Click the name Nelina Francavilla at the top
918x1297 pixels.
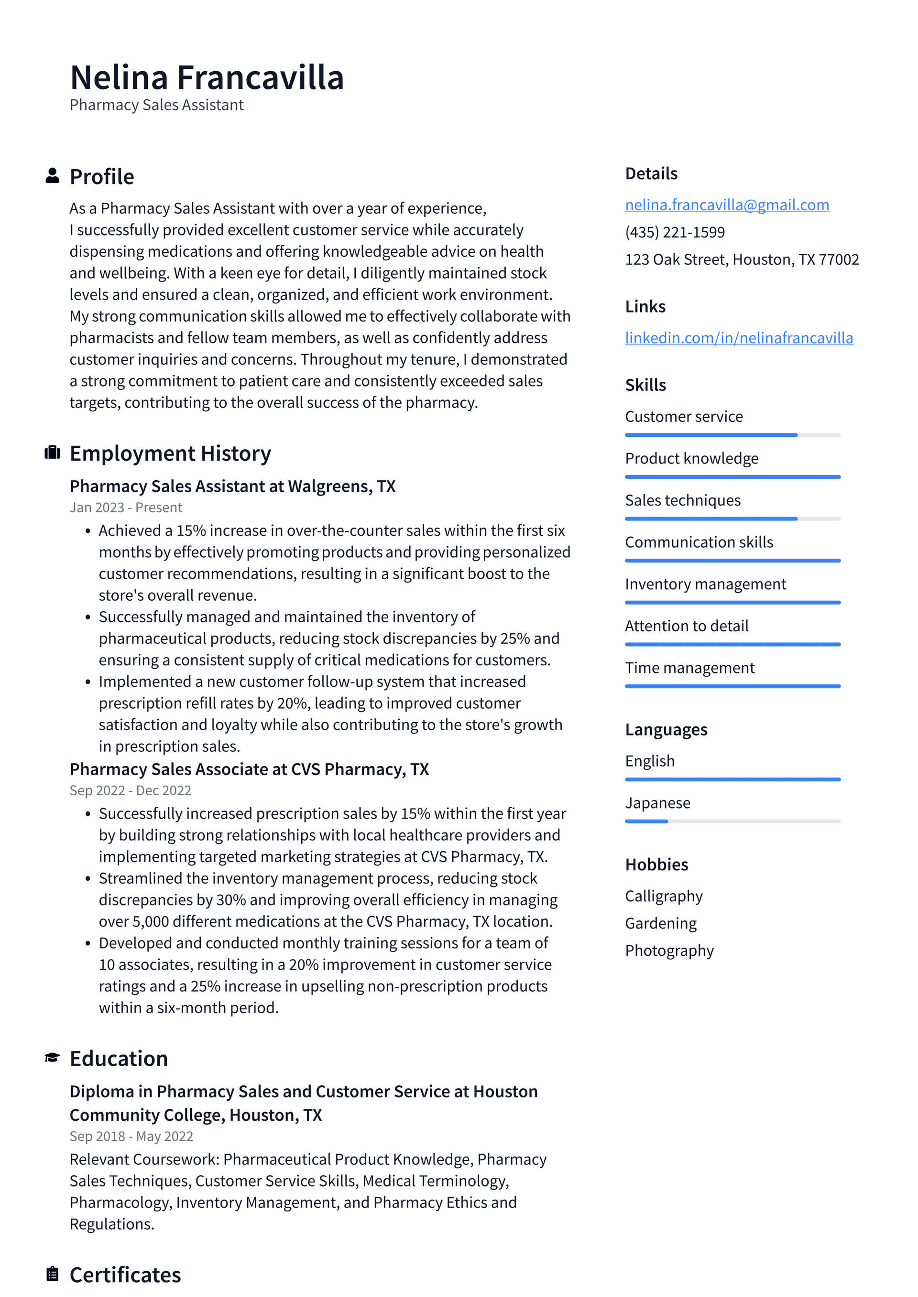(207, 77)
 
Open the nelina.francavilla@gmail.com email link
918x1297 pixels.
(727, 205)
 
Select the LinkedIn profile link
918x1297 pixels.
(739, 338)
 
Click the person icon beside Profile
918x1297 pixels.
(52, 176)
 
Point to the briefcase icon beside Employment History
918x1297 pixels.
(52, 453)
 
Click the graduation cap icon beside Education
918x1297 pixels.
(52, 1058)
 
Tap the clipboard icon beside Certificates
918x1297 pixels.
(52, 1274)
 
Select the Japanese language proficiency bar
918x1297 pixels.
(732, 821)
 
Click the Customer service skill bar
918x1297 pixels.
(732, 435)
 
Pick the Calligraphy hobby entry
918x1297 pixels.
(664, 896)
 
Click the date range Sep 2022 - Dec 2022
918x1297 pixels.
(130, 790)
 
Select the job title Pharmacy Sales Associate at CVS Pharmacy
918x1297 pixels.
(249, 769)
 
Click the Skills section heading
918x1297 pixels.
(645, 385)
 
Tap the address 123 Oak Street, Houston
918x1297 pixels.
(742, 259)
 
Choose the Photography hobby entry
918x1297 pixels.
(669, 950)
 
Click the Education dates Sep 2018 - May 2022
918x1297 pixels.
(131, 1136)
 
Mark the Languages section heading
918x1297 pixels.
(666, 730)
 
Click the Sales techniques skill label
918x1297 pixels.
(682, 500)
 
